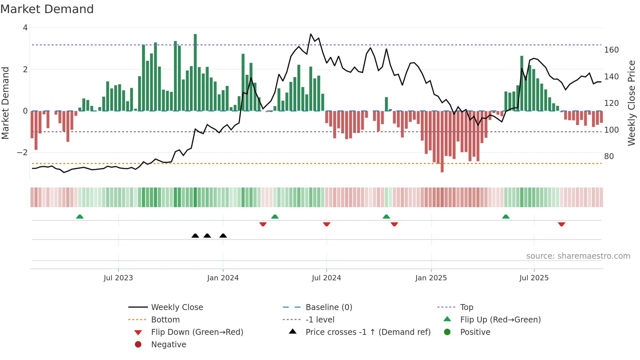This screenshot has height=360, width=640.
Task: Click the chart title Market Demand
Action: (x=47, y=9)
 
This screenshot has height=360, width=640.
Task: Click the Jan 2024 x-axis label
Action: (x=223, y=278)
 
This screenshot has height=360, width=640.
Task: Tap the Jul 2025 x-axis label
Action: (x=534, y=278)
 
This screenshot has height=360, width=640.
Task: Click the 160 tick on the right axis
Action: (x=611, y=50)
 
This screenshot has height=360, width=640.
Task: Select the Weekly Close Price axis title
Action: (x=632, y=103)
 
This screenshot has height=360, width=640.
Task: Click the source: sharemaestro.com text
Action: (x=578, y=256)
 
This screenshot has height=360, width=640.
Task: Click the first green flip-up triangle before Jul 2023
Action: (x=80, y=217)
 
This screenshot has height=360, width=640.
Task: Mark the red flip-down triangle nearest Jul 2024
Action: (x=327, y=224)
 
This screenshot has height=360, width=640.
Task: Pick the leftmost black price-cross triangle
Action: (x=195, y=236)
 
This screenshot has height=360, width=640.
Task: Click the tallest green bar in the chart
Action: (x=195, y=72)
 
